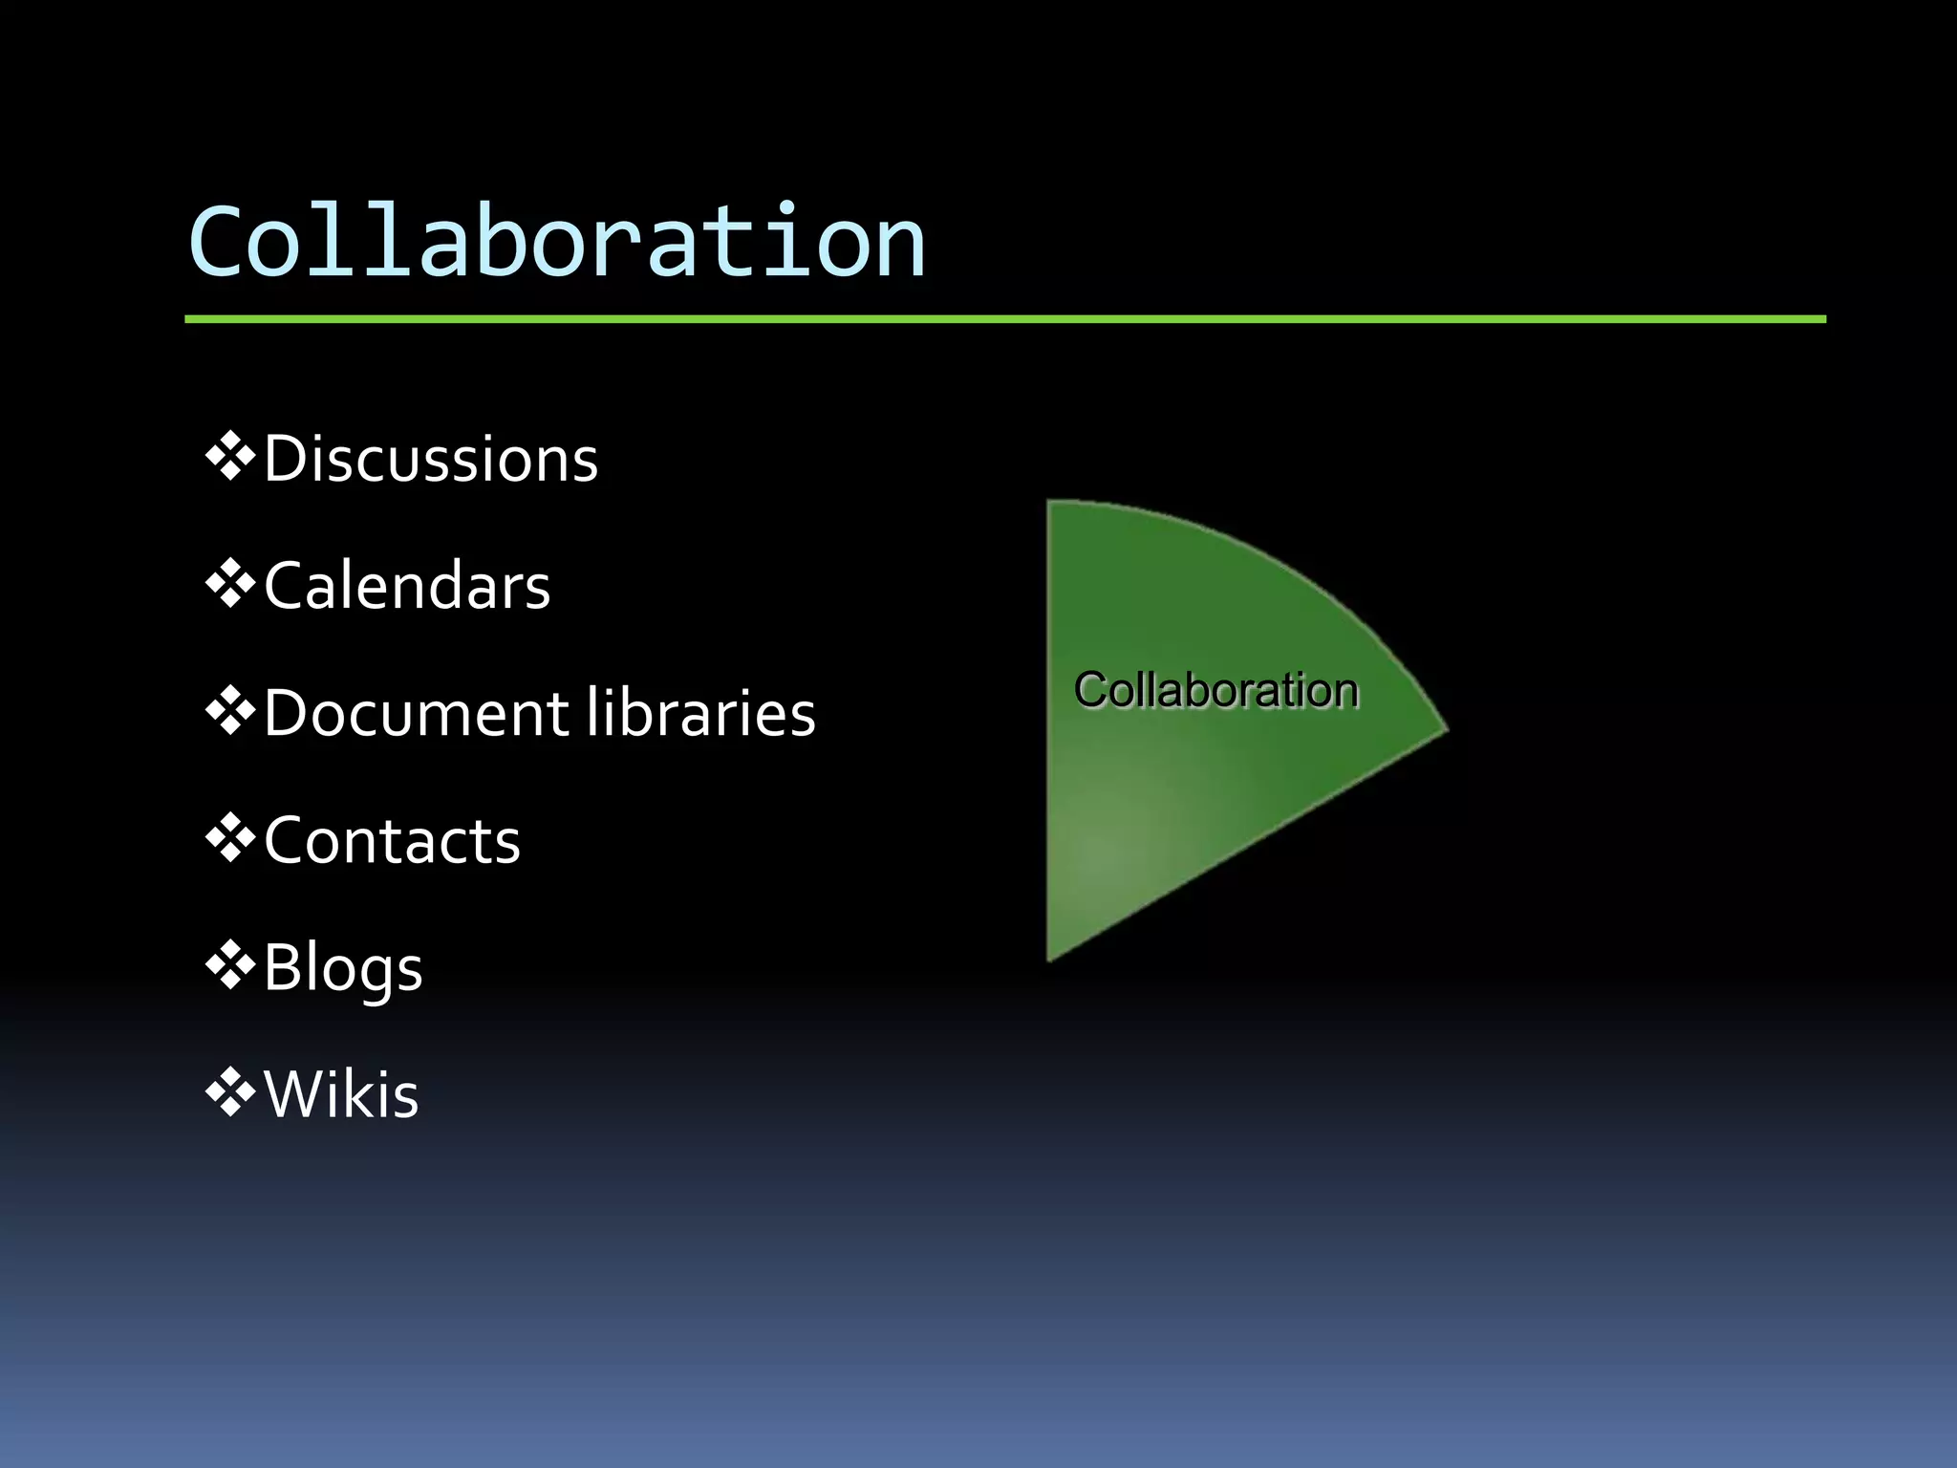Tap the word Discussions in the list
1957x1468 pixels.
[430, 460]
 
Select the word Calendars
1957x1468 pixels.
[407, 586]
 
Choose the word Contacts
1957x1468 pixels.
[392, 841]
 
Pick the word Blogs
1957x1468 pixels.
[342, 968]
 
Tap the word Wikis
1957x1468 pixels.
[341, 1094]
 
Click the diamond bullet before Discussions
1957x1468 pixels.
[230, 457]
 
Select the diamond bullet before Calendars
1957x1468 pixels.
[230, 584]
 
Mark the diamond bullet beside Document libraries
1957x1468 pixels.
[230, 711]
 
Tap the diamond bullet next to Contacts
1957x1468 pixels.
[230, 838]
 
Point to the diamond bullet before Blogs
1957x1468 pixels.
[230, 965]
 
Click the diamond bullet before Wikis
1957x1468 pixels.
[230, 1092]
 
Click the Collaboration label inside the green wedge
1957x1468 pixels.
[1215, 690]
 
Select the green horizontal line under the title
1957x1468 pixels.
[1003, 319]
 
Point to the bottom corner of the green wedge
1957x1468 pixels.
[1050, 958]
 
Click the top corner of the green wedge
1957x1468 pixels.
[1050, 504]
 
